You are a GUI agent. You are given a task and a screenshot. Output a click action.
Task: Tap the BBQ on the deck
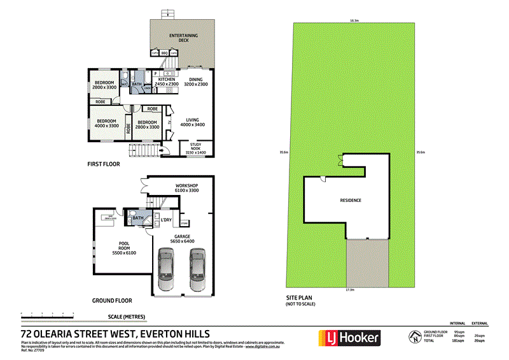(x=164, y=53)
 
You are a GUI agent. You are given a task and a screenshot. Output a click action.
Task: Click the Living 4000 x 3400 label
(x=192, y=122)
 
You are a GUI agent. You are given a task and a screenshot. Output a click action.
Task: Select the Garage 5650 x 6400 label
(x=181, y=238)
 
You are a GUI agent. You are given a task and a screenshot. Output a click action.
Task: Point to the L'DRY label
(x=166, y=220)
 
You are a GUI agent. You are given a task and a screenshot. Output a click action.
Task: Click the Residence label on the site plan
(x=351, y=200)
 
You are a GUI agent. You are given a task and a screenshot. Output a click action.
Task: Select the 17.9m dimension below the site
(x=349, y=291)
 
